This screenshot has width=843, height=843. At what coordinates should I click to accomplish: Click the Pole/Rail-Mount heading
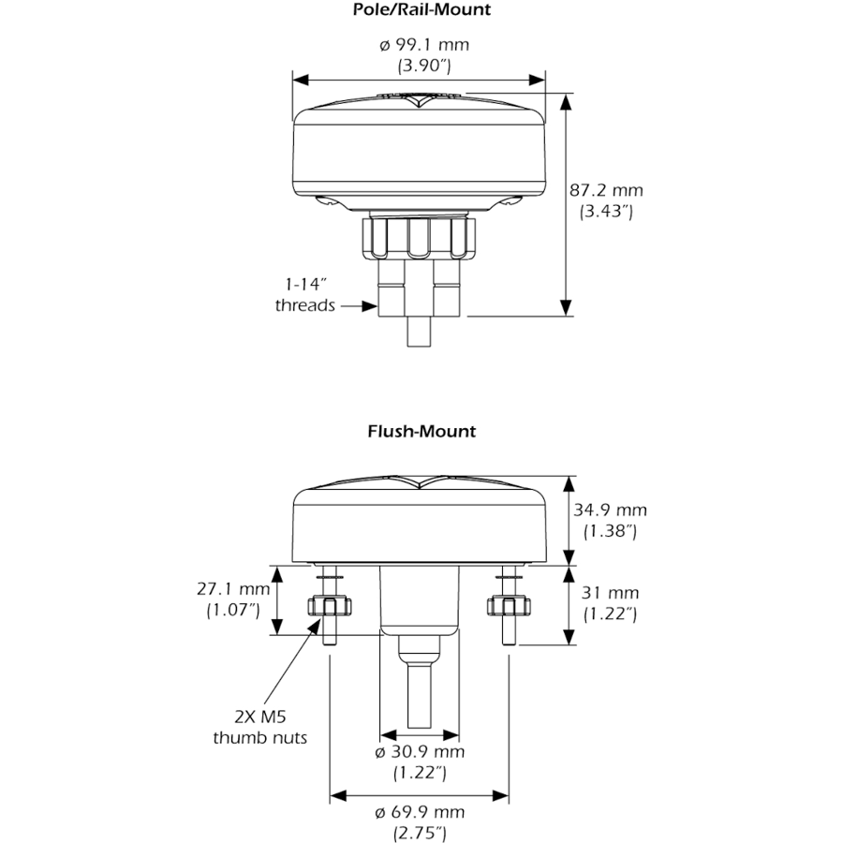pos(421,9)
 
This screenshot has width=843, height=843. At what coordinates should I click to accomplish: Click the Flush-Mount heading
pos(421,431)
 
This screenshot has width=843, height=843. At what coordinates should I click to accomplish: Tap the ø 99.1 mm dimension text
pos(424,45)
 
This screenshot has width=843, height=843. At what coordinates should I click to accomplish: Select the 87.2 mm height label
pos(606,190)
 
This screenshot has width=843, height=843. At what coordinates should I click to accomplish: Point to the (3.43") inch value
pos(606,212)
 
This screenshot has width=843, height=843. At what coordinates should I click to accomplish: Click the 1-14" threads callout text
pos(305,295)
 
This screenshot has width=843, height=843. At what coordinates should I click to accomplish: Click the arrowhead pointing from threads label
pos(369,306)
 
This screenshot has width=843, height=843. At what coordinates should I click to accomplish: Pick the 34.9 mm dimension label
pos(610,510)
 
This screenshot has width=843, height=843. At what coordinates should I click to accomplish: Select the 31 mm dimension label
pos(610,593)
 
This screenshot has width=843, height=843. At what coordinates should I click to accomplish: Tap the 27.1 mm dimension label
pos(233,589)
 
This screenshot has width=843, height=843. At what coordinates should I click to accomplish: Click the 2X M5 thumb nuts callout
pos(260,727)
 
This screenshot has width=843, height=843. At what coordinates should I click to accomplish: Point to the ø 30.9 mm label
pos(420,751)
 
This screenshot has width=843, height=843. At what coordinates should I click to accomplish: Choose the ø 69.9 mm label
pos(420,812)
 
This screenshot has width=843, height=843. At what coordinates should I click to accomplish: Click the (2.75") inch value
pos(420,834)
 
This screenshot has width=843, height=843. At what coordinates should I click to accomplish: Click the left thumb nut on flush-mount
pos(330,606)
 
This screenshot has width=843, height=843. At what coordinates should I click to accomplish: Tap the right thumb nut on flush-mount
pos(509,606)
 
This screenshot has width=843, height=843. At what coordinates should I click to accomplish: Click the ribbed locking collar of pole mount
pos(419,237)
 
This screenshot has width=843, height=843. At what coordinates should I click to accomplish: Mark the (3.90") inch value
pos(424,67)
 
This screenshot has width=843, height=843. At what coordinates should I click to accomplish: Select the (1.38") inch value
pos(610,531)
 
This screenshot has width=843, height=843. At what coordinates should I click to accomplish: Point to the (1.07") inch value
pos(233,611)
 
